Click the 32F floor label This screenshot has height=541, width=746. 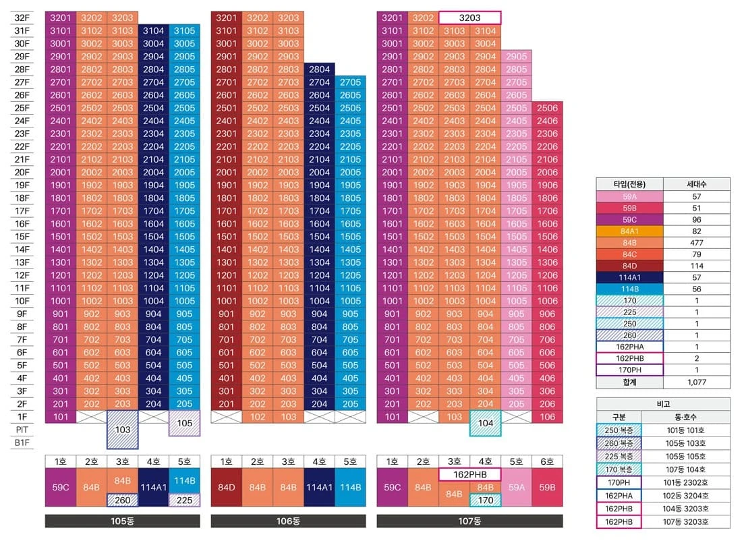point(22,18)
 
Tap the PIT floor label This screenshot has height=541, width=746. point(22,430)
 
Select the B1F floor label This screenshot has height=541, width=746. point(22,443)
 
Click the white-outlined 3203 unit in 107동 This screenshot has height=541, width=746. point(469,18)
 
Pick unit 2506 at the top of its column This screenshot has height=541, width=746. point(547,108)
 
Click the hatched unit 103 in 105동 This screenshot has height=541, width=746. point(123,430)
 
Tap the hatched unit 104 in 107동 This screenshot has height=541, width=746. point(485,423)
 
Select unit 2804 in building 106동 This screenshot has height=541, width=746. point(319,69)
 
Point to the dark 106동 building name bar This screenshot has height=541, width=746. point(288,521)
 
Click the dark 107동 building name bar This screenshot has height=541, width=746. point(469,521)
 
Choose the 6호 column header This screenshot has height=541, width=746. point(547,461)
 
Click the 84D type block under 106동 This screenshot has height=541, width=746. point(227,487)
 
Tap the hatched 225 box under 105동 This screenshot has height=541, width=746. point(185,500)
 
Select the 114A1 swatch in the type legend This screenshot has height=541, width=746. point(629,277)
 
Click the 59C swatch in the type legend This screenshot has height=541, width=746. point(629,220)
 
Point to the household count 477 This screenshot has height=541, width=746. point(697,243)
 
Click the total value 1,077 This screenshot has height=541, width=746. point(697,382)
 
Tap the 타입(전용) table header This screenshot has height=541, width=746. point(629,184)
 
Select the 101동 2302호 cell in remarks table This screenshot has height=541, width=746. point(685,482)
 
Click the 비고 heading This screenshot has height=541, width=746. point(663,404)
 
